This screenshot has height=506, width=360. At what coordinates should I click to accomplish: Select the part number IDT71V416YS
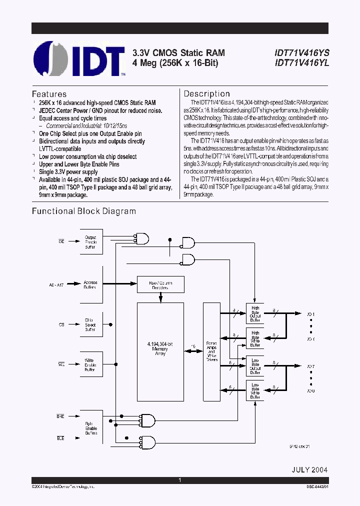point(301,53)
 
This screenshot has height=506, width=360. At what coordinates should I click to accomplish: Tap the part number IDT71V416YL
point(301,63)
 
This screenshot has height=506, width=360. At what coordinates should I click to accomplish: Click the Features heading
point(49,94)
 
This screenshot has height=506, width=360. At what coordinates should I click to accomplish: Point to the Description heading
point(206,94)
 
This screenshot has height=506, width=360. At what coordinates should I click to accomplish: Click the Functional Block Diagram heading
point(84,211)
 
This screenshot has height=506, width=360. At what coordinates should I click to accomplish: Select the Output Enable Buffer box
point(90,242)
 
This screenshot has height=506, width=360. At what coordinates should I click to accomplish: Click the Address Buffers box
point(90,285)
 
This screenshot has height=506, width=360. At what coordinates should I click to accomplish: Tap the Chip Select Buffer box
point(90,325)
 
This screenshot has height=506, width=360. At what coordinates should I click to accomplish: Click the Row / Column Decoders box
point(160,285)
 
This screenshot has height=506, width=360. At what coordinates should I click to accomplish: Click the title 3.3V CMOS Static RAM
point(178,53)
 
